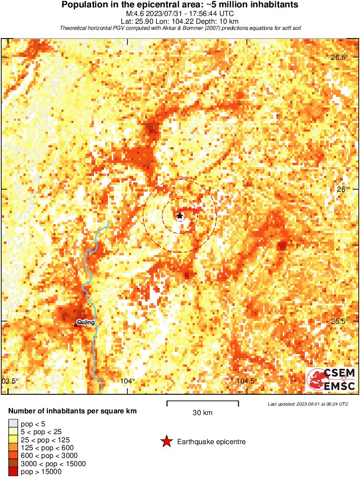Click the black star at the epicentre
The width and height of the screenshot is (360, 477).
[x=180, y=216]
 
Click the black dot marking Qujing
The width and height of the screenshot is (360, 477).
[x=76, y=325]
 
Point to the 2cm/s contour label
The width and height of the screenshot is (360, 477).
[x=186, y=178]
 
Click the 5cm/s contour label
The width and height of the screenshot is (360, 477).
[x=186, y=232]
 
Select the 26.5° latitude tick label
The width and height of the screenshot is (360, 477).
[x=340, y=58]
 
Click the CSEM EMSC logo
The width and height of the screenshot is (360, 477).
[x=332, y=379]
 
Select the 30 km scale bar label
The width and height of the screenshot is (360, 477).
[x=202, y=413]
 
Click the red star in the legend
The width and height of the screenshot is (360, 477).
[x=166, y=442]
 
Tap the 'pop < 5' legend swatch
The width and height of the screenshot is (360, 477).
[x=13, y=424]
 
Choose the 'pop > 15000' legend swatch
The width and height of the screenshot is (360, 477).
[x=13, y=472]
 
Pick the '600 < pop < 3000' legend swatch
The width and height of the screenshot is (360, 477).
[x=13, y=456]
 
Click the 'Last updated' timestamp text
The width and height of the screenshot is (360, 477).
[x=308, y=404]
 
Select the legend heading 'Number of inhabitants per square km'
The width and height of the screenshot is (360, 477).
[x=73, y=411]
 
